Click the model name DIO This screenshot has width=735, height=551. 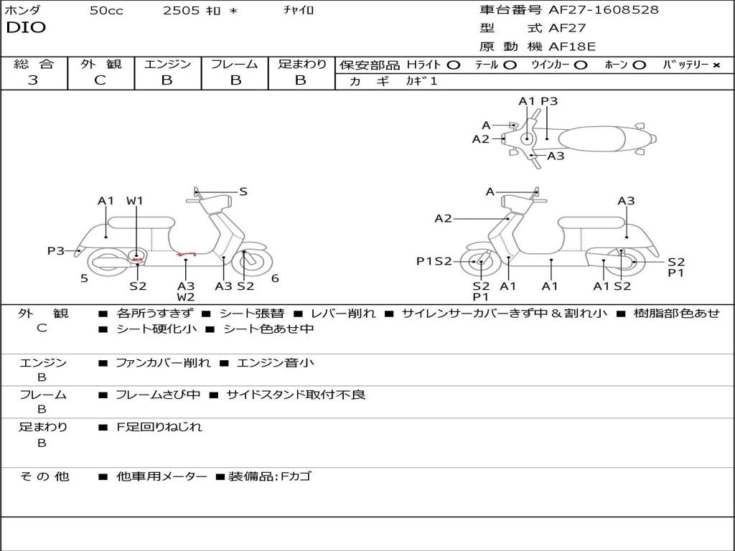(26, 28)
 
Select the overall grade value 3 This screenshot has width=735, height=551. (33, 80)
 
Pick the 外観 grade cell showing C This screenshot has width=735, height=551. (100, 80)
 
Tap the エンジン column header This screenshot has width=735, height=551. (167, 65)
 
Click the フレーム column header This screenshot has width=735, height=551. (235, 65)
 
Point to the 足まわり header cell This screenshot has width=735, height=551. (302, 65)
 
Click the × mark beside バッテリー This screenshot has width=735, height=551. (716, 65)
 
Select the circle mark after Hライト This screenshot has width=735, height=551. (453, 65)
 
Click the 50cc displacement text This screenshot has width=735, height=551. (106, 11)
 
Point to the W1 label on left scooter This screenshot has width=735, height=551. (135, 201)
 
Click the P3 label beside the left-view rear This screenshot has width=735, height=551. (55, 251)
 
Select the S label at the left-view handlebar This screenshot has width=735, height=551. (243, 192)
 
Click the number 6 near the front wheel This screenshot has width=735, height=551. (275, 279)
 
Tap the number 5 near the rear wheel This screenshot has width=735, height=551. (84, 279)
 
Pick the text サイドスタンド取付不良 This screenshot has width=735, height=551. (296, 395)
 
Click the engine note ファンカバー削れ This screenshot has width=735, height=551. (163, 363)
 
